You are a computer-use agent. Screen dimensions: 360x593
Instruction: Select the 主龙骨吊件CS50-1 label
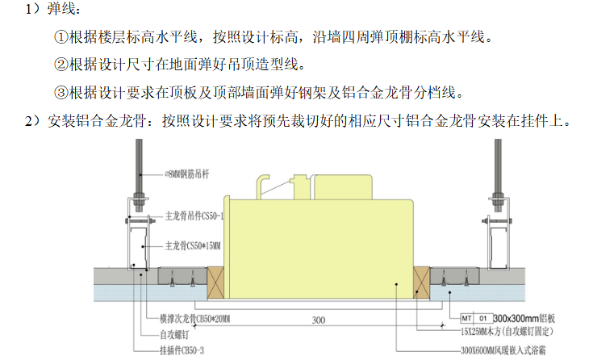point(194,216)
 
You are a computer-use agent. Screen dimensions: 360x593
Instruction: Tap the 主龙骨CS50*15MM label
point(194,243)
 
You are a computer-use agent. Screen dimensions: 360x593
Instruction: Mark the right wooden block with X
point(420,278)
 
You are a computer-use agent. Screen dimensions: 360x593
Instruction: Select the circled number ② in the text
point(61,64)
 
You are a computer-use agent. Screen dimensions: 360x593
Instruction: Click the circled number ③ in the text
point(61,90)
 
